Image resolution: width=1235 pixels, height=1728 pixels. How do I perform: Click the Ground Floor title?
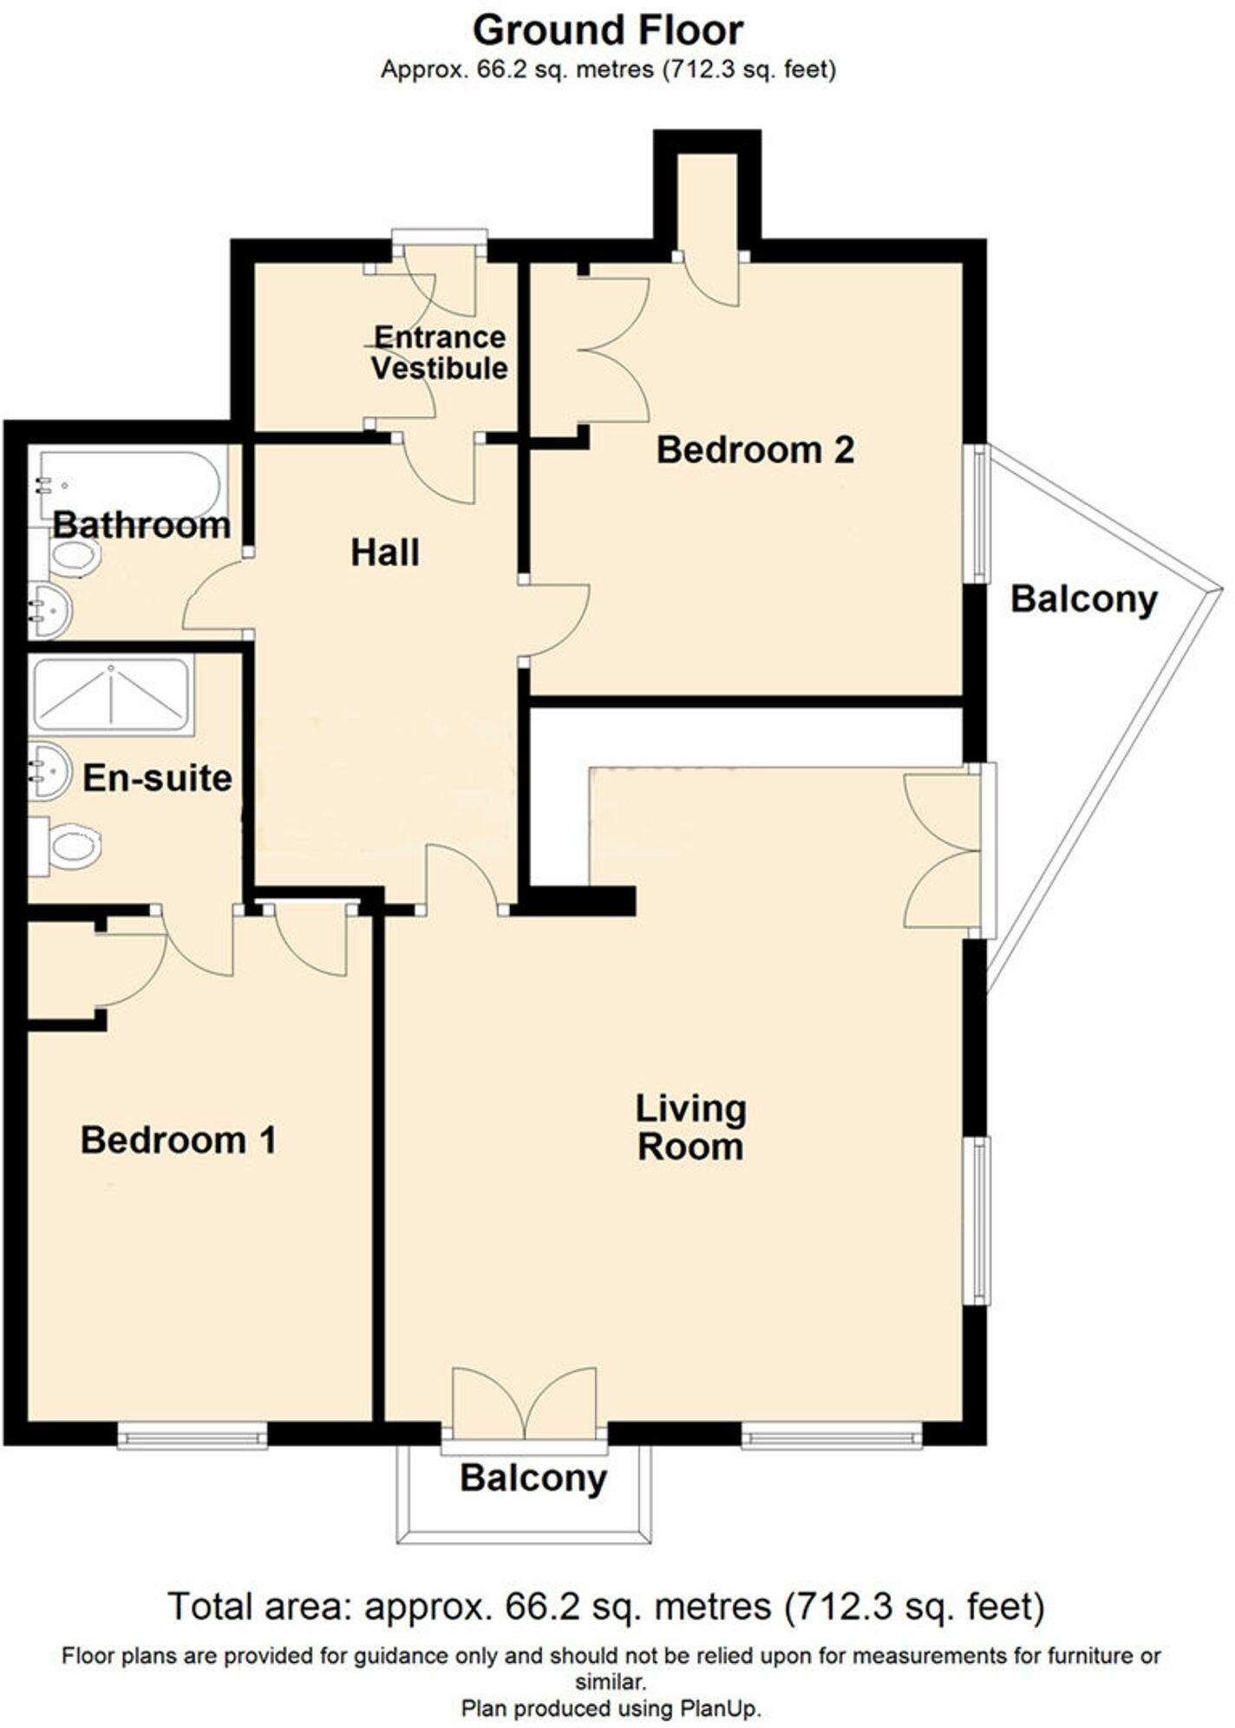607,31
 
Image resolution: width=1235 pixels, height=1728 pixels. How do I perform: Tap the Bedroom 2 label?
755,450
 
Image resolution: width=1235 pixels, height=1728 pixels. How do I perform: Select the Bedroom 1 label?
178,1140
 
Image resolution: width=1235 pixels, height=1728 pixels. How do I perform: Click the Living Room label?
690,1128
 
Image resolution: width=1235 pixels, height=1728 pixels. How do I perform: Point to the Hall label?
385,553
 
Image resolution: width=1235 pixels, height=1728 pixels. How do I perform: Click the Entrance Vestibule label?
440,352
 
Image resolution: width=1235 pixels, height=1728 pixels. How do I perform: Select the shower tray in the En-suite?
111,695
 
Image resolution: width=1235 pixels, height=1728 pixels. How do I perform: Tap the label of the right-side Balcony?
1083,599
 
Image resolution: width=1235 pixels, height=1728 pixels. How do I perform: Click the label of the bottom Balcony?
533,1478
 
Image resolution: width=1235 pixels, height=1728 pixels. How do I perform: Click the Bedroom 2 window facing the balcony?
978,514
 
